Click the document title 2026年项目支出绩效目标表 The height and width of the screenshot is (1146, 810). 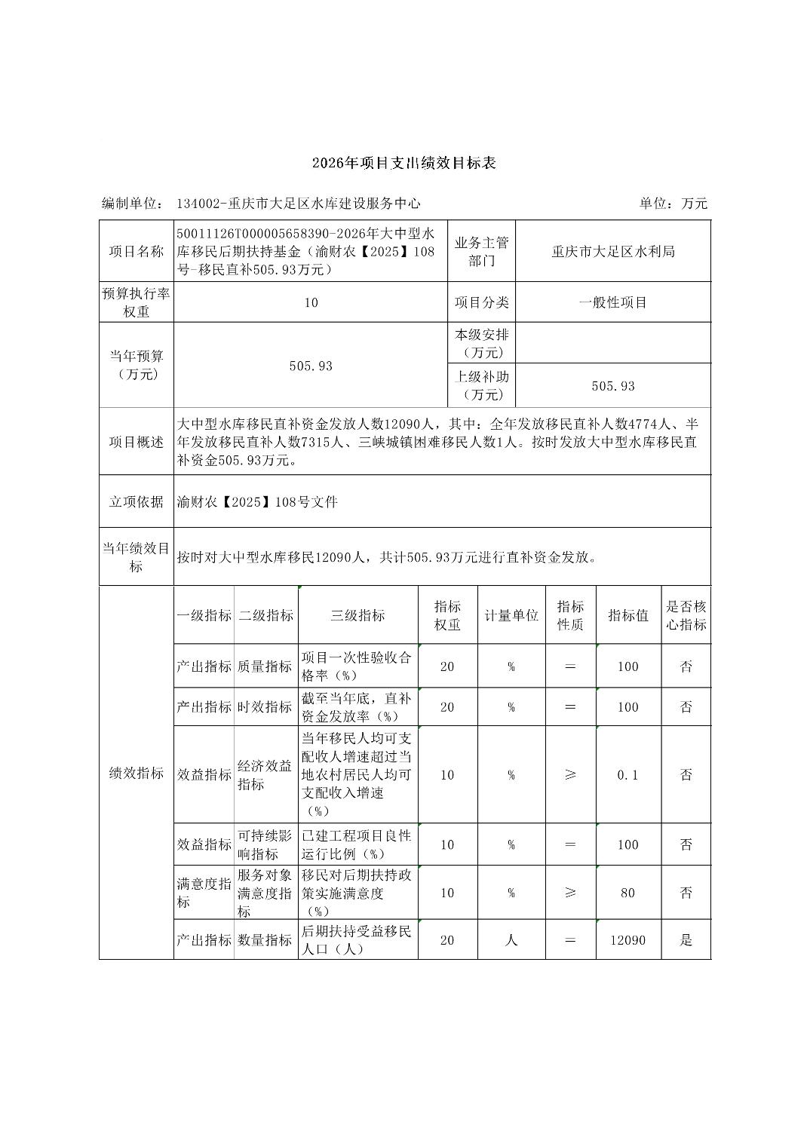pyautogui.click(x=404, y=163)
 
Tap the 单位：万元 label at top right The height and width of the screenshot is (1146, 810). pyautogui.click(x=673, y=204)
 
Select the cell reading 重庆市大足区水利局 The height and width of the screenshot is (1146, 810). pyautogui.click(x=612, y=252)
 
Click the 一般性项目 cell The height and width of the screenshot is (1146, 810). pyautogui.click(x=612, y=302)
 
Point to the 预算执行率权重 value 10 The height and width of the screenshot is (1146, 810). pyautogui.click(x=311, y=302)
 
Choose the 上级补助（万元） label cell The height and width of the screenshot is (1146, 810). pyautogui.click(x=481, y=385)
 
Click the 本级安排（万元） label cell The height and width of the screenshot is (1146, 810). pyautogui.click(x=481, y=343)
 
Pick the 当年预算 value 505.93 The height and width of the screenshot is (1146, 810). pyautogui.click(x=311, y=366)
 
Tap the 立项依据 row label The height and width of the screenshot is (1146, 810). pyautogui.click(x=137, y=501)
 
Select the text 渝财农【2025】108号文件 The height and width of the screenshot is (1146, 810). pyautogui.click(x=257, y=501)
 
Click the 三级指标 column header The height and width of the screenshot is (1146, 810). pyautogui.click(x=357, y=615)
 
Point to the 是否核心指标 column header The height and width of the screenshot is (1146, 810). pyautogui.click(x=686, y=615)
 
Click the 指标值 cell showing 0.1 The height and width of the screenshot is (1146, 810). pyautogui.click(x=627, y=775)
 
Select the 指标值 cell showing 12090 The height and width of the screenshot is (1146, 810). pyautogui.click(x=627, y=940)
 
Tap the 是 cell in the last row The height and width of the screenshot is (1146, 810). pyautogui.click(x=686, y=940)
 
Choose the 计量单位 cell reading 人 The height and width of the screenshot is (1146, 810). pyautogui.click(x=511, y=940)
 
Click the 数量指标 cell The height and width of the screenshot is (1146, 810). pyautogui.click(x=265, y=940)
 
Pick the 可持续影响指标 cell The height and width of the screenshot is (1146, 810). pyautogui.click(x=265, y=844)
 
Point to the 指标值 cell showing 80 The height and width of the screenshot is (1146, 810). pyautogui.click(x=627, y=893)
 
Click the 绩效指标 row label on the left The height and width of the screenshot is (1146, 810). pyautogui.click(x=137, y=773)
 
